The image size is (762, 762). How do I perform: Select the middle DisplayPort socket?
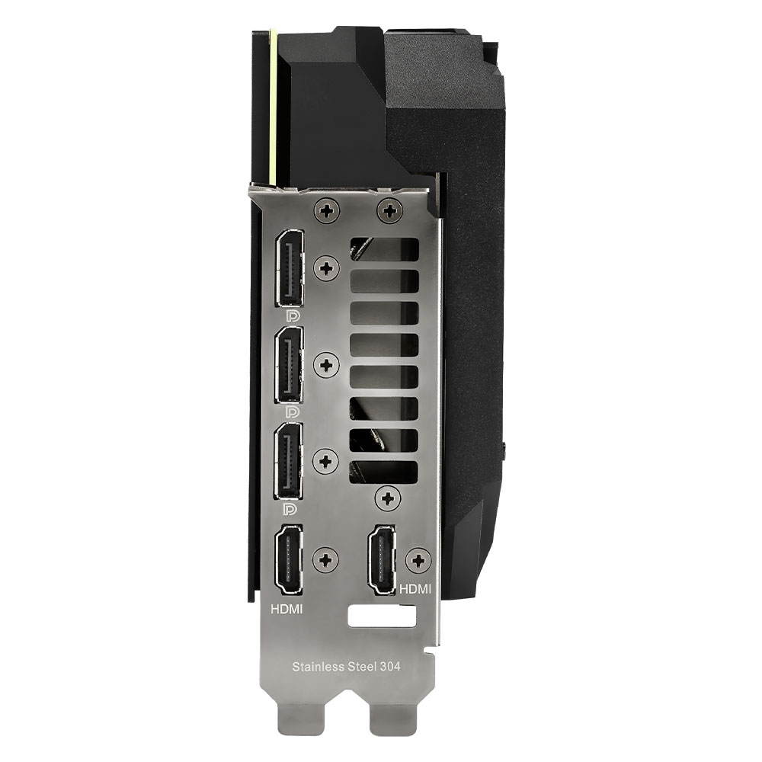point(289,364)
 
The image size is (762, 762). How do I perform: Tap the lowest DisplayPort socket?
point(289,461)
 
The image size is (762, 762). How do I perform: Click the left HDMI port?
point(289,560)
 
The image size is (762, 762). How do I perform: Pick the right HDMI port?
point(382,560)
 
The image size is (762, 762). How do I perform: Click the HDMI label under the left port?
point(287,608)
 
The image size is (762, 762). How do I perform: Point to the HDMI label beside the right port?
point(415,589)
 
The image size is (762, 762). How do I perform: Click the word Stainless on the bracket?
point(316,666)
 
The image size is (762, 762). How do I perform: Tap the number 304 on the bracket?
point(390,666)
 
